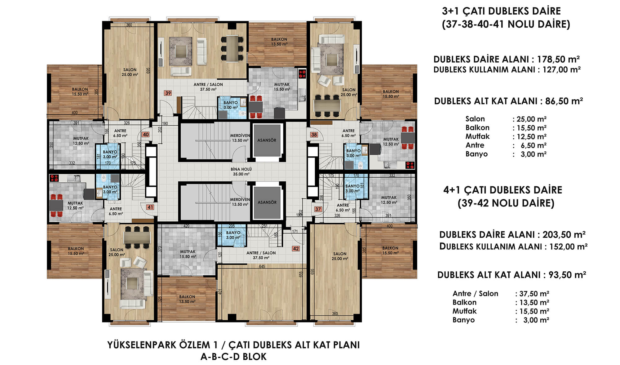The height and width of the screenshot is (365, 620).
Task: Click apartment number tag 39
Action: pyautogui.click(x=168, y=93)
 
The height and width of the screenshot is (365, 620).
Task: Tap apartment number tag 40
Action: pyautogui.click(x=146, y=135)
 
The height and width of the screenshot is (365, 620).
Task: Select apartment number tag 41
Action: pyautogui.click(x=150, y=207)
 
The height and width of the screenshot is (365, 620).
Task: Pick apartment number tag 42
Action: pyautogui.click(x=296, y=249)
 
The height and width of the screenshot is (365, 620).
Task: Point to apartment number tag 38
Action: pyautogui.click(x=314, y=135)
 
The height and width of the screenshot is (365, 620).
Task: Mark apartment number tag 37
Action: pyautogui.click(x=318, y=209)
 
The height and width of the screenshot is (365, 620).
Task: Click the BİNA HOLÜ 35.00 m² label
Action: pyautogui.click(x=241, y=171)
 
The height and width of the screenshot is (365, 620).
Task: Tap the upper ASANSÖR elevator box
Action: pyautogui.click(x=267, y=140)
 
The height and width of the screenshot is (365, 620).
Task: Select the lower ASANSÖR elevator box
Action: pyautogui.click(x=267, y=202)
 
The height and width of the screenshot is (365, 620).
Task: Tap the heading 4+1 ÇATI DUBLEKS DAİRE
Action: pyautogui.click(x=503, y=190)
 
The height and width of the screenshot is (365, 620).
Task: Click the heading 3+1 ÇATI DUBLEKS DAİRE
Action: pyautogui.click(x=501, y=11)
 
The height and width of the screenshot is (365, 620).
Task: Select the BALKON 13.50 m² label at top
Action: pyautogui.click(x=279, y=42)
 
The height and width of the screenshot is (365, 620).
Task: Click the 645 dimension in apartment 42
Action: pyautogui.click(x=262, y=266)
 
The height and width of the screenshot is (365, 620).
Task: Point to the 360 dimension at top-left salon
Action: pyautogui.click(x=129, y=25)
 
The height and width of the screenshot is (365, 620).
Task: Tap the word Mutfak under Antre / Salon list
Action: pyautogui.click(x=464, y=311)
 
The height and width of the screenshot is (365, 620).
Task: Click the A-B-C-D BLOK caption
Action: pyautogui.click(x=233, y=357)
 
